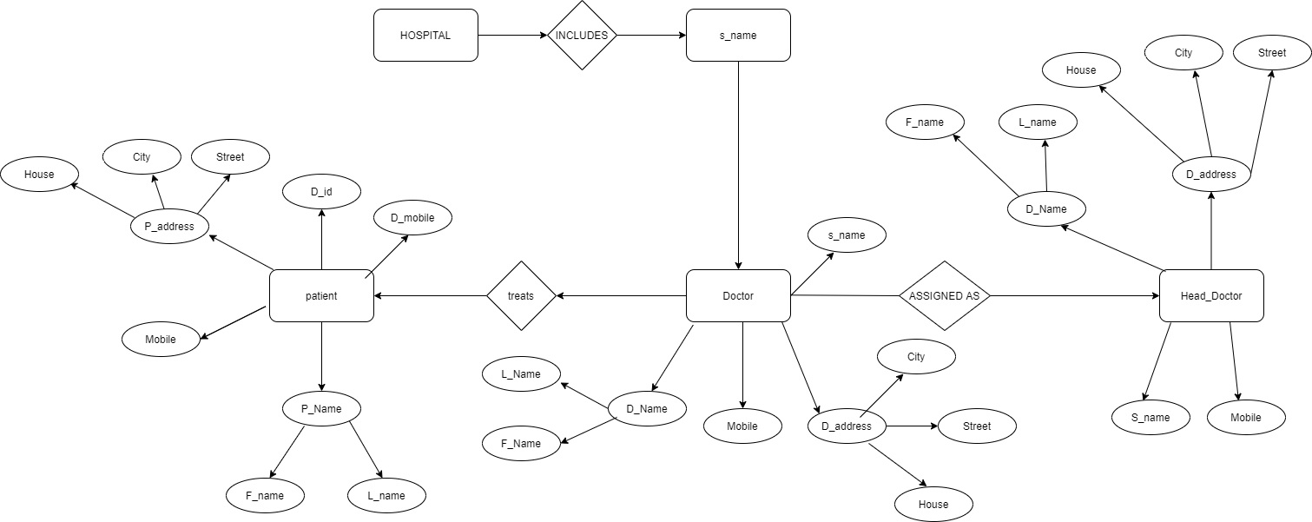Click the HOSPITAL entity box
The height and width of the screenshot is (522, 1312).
(425, 36)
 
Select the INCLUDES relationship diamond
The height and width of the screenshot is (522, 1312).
(582, 36)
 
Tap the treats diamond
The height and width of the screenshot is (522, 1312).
(521, 296)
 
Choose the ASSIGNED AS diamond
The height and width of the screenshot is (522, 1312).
(944, 296)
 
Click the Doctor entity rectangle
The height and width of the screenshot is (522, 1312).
(738, 296)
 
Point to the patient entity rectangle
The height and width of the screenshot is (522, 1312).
(321, 296)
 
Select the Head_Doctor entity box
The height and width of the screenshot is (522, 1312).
(1211, 296)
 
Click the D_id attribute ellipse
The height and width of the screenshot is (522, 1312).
(321, 191)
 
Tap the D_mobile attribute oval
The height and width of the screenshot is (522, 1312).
(412, 217)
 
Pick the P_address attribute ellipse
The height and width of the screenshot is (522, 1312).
(169, 227)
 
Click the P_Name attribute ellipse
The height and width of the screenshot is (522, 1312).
(321, 409)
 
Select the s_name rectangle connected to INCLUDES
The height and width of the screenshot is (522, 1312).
(738, 36)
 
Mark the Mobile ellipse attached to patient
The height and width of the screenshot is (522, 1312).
(161, 340)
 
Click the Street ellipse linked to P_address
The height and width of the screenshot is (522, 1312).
(230, 157)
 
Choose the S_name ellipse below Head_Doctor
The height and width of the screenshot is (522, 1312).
(1150, 418)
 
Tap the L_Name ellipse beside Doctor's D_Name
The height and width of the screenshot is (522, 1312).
(521, 374)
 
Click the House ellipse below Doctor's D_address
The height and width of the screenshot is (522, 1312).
(933, 505)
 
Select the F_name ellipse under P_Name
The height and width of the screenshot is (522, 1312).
(265, 496)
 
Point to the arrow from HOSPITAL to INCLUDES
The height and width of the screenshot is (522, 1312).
(512, 36)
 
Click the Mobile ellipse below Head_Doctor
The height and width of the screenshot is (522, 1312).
(1246, 418)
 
